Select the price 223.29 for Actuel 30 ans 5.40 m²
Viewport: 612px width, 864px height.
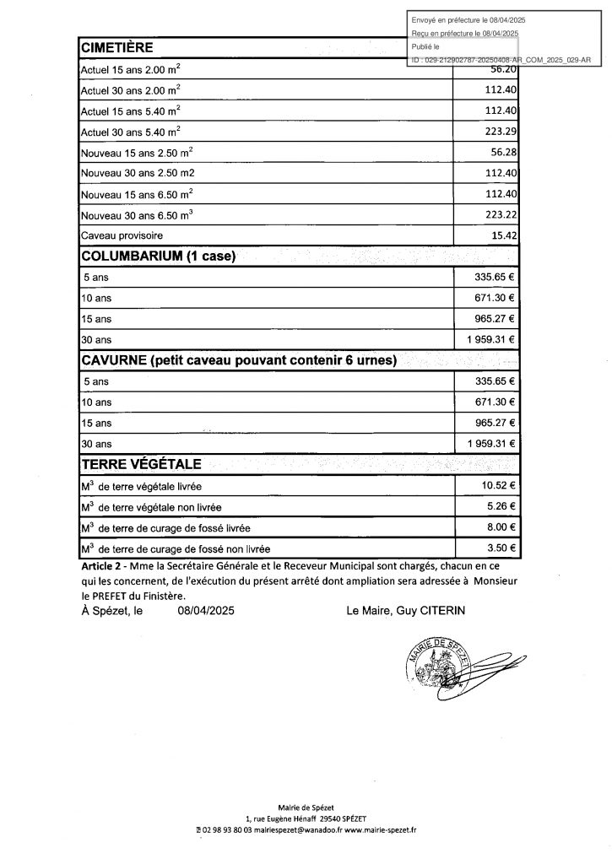tap(501, 131)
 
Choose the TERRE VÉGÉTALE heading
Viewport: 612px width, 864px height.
tap(140, 465)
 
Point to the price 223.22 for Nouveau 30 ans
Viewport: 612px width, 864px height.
tap(501, 214)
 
